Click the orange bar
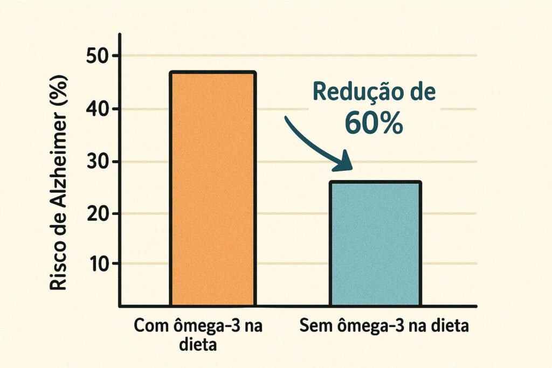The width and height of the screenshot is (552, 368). coord(212,189)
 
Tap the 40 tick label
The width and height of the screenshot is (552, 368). coord(99,109)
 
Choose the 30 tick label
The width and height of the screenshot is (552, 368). coord(99,162)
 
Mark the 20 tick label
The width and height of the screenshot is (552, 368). coord(99,213)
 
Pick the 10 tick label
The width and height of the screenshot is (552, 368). coord(99,263)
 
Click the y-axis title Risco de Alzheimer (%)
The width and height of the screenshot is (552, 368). coord(60,183)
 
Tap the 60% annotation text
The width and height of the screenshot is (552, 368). coord(374,124)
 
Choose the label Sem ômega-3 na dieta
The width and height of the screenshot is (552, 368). coord(383,326)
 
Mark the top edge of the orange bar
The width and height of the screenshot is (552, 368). coord(212,72)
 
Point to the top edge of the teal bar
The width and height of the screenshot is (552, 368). coord(376,183)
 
